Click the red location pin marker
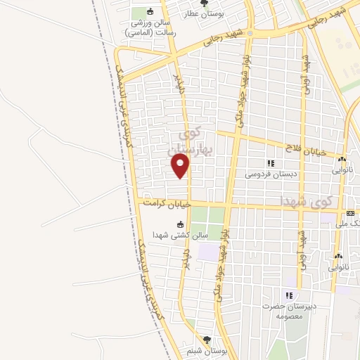pyautogui.click(x=181, y=166)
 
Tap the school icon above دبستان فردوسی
pyautogui.click(x=271, y=163)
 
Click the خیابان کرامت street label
pyautogui.click(x=168, y=203)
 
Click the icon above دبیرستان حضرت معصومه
pyautogui.click(x=289, y=295)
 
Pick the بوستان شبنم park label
pyautogui.click(x=206, y=350)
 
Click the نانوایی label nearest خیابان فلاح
pyautogui.click(x=341, y=169)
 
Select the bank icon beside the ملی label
pyautogui.click(x=350, y=213)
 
